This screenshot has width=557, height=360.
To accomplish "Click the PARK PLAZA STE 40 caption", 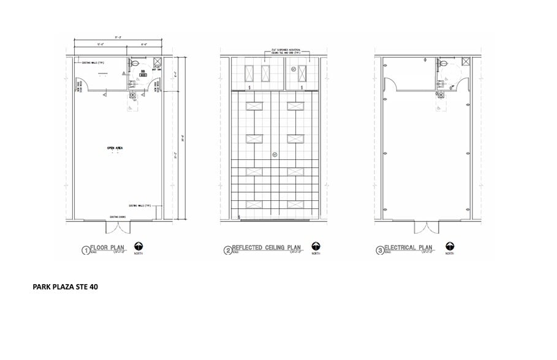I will click(x=65, y=286).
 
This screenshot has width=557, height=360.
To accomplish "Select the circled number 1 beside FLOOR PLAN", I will click(x=85, y=250).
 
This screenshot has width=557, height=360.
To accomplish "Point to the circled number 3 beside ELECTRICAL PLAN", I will click(x=380, y=250).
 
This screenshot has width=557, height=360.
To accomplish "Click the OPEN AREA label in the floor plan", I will click(x=115, y=148).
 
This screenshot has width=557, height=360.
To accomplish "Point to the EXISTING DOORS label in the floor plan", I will click(x=118, y=217).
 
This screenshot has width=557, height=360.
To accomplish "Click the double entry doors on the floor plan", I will click(x=118, y=227).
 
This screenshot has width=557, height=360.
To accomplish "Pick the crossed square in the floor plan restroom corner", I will click(x=156, y=61).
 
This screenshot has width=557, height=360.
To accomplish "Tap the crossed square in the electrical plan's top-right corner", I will click(x=466, y=61).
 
